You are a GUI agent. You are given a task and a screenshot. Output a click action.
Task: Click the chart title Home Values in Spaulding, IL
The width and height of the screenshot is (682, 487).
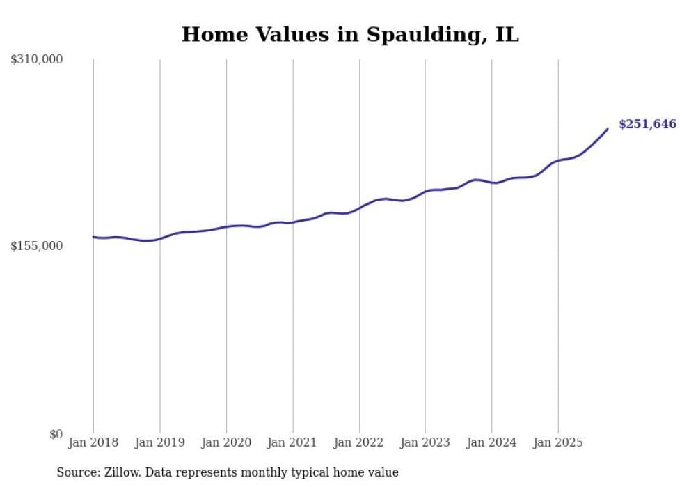coord(350,34)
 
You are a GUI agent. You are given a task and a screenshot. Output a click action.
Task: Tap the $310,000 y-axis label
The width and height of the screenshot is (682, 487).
coord(37,60)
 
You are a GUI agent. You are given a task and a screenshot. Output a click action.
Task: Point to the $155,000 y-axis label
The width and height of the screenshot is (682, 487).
coord(37,246)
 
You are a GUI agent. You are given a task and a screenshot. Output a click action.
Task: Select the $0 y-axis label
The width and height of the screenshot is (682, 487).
coord(56,434)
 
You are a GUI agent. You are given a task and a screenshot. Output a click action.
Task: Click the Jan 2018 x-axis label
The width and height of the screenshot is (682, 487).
coord(93,442)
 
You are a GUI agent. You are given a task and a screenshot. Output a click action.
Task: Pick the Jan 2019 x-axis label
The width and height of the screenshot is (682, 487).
coord(160,442)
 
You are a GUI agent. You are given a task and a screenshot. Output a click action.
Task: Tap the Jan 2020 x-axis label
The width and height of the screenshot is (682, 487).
coord(226,442)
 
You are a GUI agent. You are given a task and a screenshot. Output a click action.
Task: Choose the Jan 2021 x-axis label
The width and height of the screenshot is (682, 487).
coord(292,442)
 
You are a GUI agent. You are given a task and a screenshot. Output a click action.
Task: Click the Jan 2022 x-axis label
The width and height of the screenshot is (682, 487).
coord(359,442)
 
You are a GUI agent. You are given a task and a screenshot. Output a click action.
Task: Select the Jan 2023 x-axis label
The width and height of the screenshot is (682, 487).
coord(425,442)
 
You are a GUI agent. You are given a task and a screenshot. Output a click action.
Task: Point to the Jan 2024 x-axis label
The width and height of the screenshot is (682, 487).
coord(491,442)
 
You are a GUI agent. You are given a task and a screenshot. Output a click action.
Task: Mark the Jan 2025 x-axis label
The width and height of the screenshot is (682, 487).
coord(558,442)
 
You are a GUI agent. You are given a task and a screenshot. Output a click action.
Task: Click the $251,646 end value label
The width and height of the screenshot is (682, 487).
coord(647,125)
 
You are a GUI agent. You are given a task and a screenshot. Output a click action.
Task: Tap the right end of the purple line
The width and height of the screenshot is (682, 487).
coord(608,129)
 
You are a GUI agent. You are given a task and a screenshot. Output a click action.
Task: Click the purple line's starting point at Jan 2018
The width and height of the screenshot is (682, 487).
coord(94,237)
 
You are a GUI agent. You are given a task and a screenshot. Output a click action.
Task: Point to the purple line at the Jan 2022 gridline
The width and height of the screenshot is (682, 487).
coord(359,207)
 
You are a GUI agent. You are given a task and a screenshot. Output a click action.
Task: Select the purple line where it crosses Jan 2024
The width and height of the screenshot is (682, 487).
coord(491,183)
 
